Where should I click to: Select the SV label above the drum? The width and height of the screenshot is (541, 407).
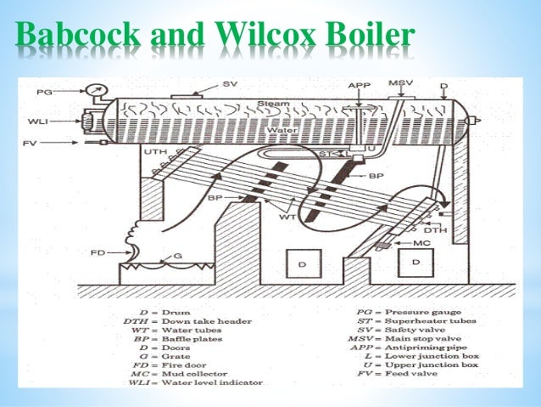pyautogui.click(x=230, y=84)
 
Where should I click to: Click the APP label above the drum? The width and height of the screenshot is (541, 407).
pyautogui.click(x=360, y=85)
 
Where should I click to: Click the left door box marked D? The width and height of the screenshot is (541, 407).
pyautogui.click(x=304, y=263)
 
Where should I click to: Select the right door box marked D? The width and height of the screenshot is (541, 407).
pyautogui.click(x=416, y=263)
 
